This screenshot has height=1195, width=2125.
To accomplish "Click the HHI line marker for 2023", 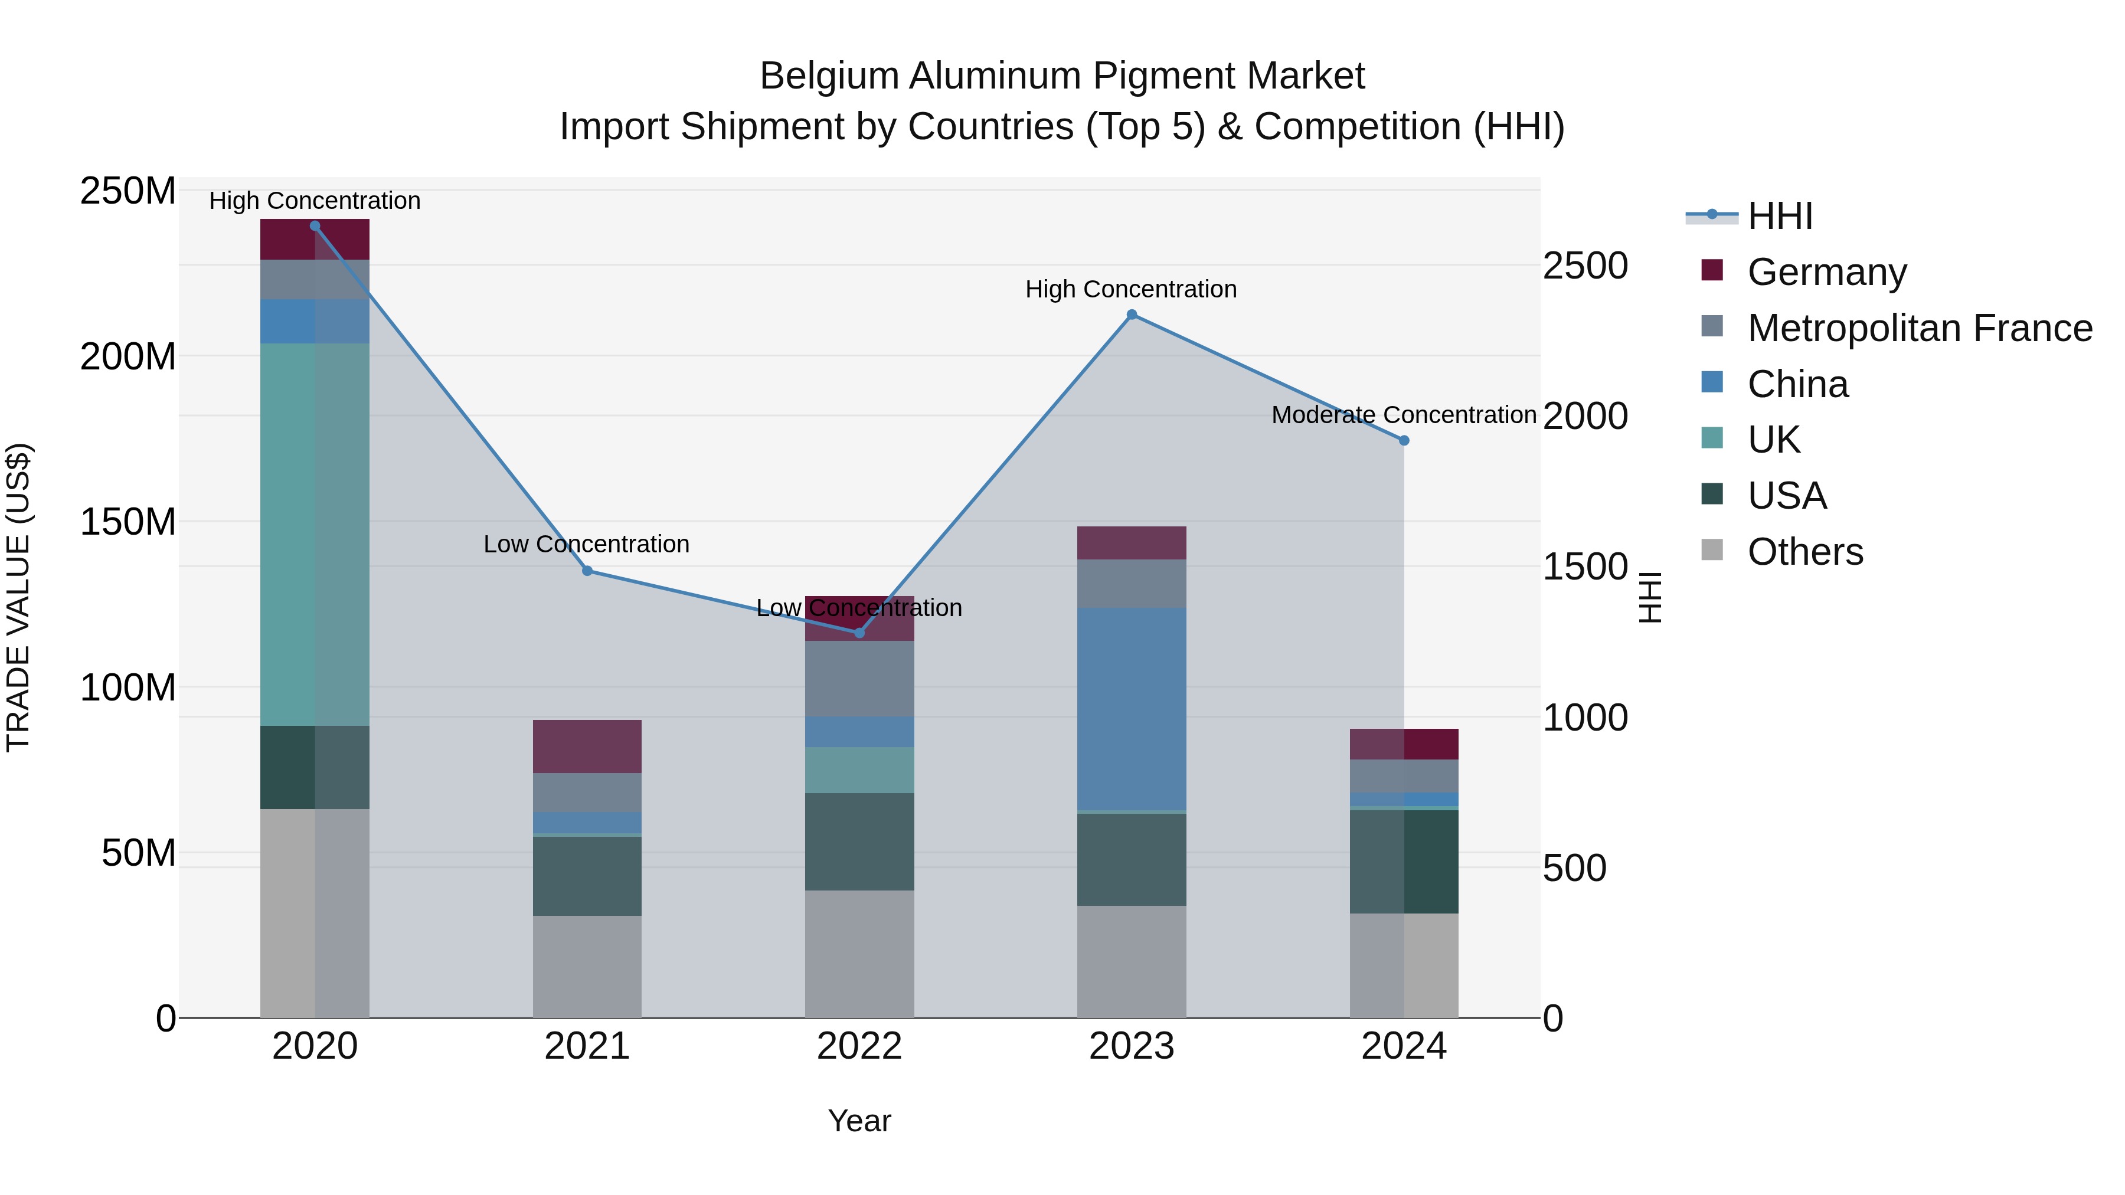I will click(1132, 314).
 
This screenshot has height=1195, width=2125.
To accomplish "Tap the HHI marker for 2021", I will click(587, 571).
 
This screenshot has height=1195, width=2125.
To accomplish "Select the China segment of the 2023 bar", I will click(1132, 709).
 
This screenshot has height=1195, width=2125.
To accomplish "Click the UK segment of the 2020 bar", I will click(314, 535).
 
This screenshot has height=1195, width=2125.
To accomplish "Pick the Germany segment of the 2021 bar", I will click(587, 747).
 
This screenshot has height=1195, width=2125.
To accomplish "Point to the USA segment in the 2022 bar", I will click(859, 841).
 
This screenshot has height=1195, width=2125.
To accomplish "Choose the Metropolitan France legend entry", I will click(1920, 328).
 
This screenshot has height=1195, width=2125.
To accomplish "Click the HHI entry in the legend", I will click(1779, 216).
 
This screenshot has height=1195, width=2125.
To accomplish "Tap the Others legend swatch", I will click(1712, 550).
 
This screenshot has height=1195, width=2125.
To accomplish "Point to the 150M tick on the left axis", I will click(128, 522).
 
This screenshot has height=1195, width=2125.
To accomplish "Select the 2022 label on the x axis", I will click(859, 1046).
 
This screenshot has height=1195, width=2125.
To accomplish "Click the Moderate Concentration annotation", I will click(1403, 415).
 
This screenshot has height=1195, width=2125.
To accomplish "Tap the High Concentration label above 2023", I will click(1131, 290).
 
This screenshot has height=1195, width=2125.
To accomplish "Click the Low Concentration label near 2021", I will click(587, 544).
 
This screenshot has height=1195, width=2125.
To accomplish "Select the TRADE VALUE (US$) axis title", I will click(19, 597).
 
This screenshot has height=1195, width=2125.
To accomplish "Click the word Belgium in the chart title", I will click(829, 76).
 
